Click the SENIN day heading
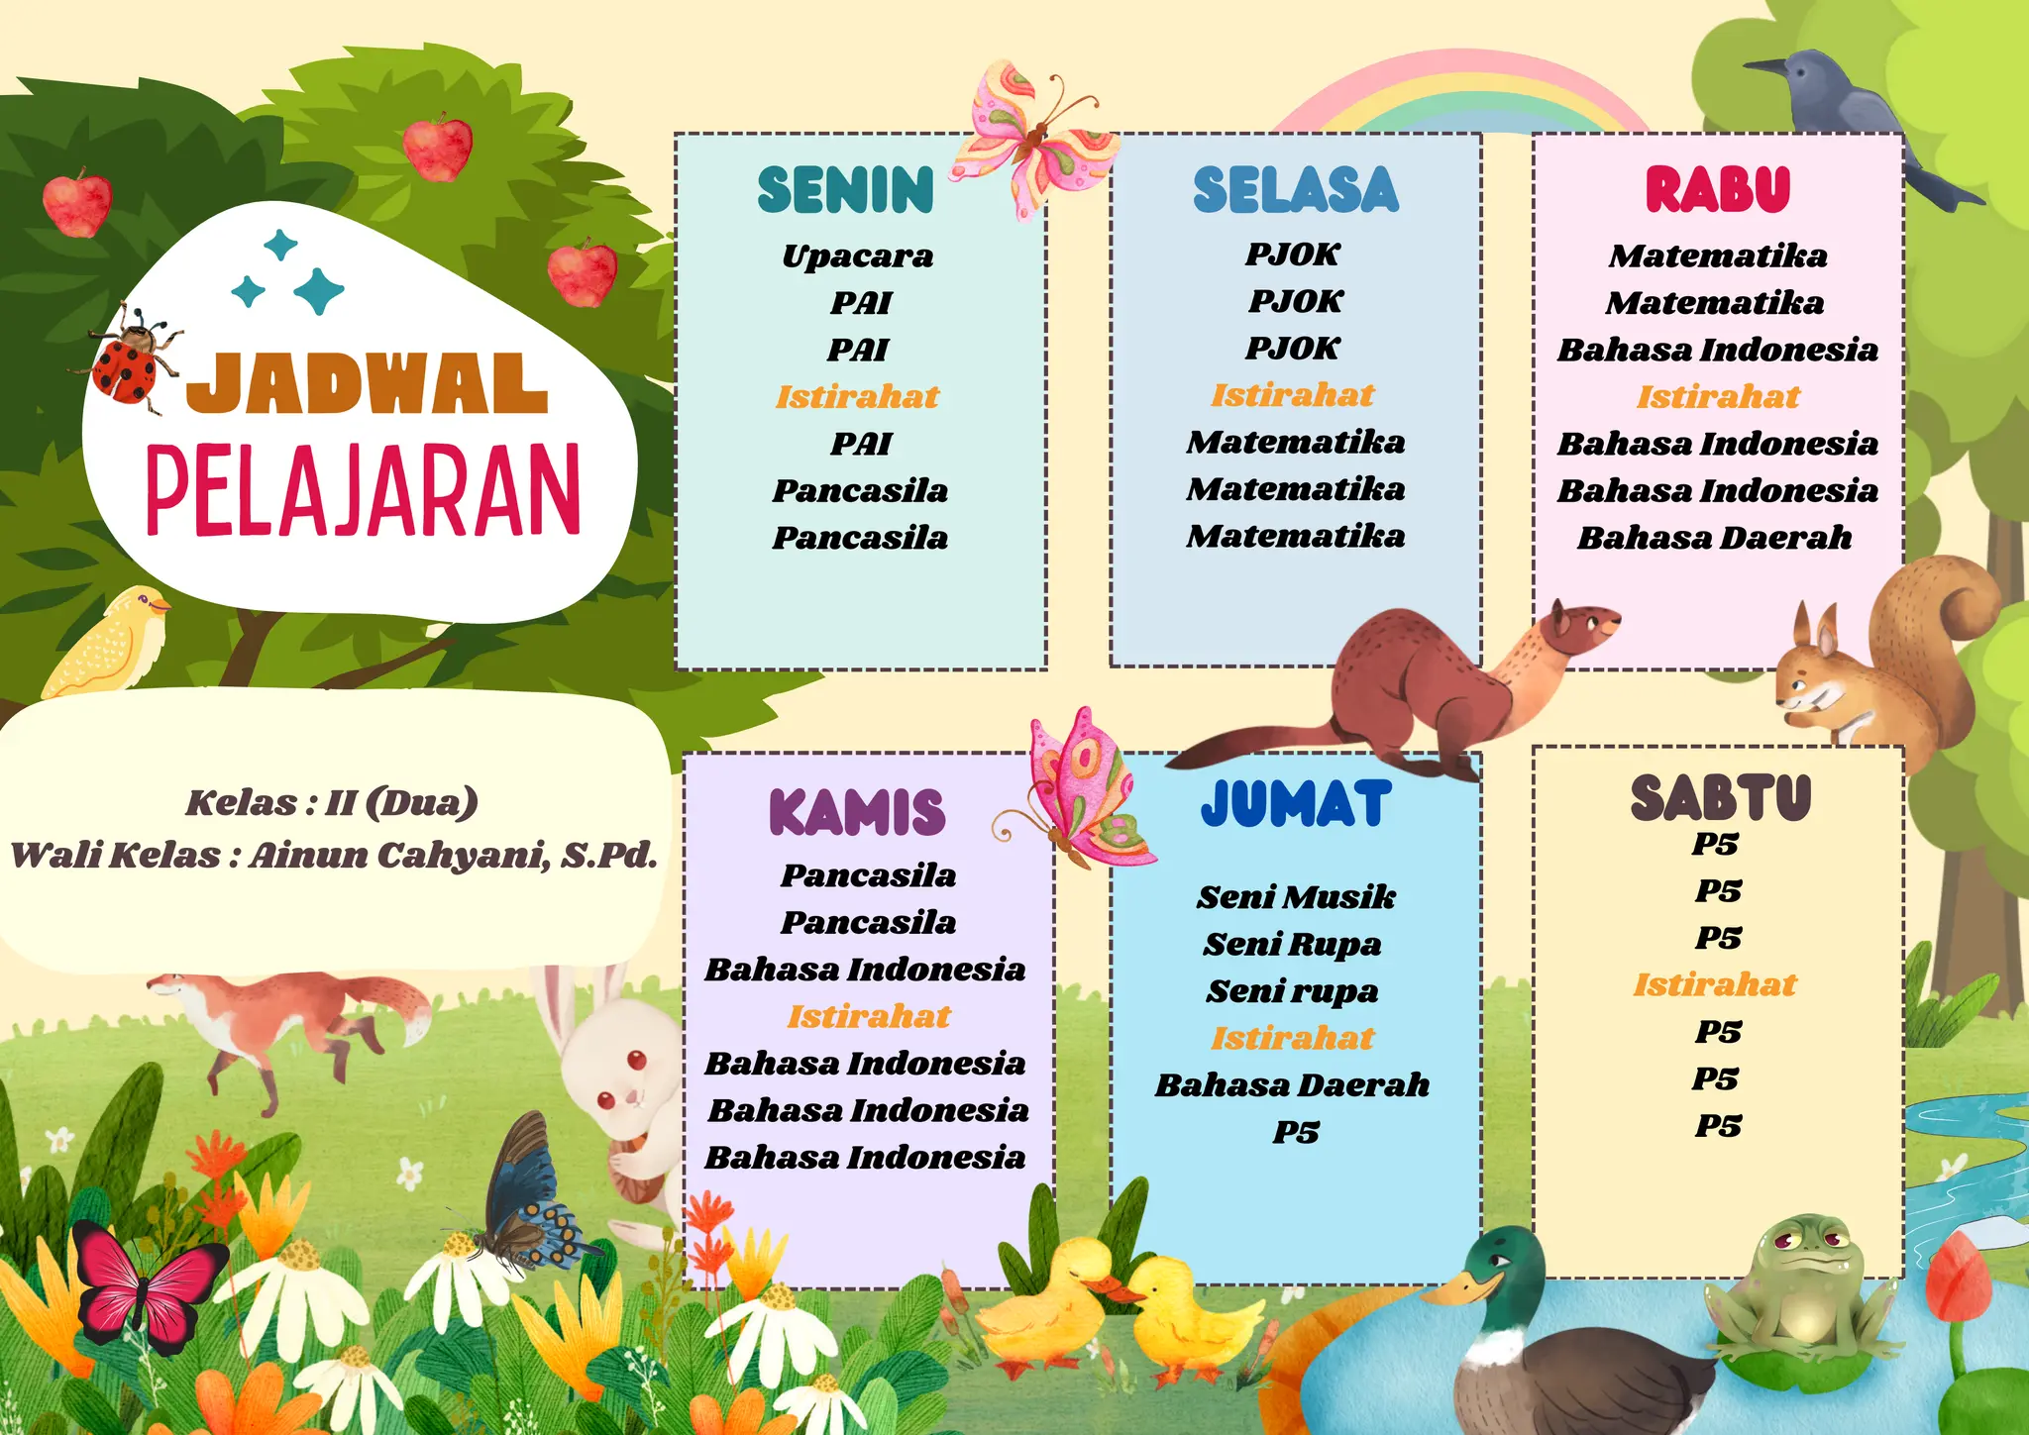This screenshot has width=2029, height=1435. [845, 190]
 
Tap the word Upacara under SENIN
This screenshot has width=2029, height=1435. [857, 256]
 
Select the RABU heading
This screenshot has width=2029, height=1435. [1718, 190]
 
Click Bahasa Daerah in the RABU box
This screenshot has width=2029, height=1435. [1714, 538]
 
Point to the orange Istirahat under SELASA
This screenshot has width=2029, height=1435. [1292, 395]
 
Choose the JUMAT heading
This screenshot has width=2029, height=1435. [1296, 803]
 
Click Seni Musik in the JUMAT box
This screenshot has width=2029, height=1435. [1296, 897]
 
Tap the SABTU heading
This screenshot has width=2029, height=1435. [1720, 798]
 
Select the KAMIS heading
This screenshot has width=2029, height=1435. [857, 812]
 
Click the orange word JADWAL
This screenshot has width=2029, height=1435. [367, 384]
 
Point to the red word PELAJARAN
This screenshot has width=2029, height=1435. [363, 490]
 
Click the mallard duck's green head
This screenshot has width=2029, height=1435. [1506, 1263]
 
